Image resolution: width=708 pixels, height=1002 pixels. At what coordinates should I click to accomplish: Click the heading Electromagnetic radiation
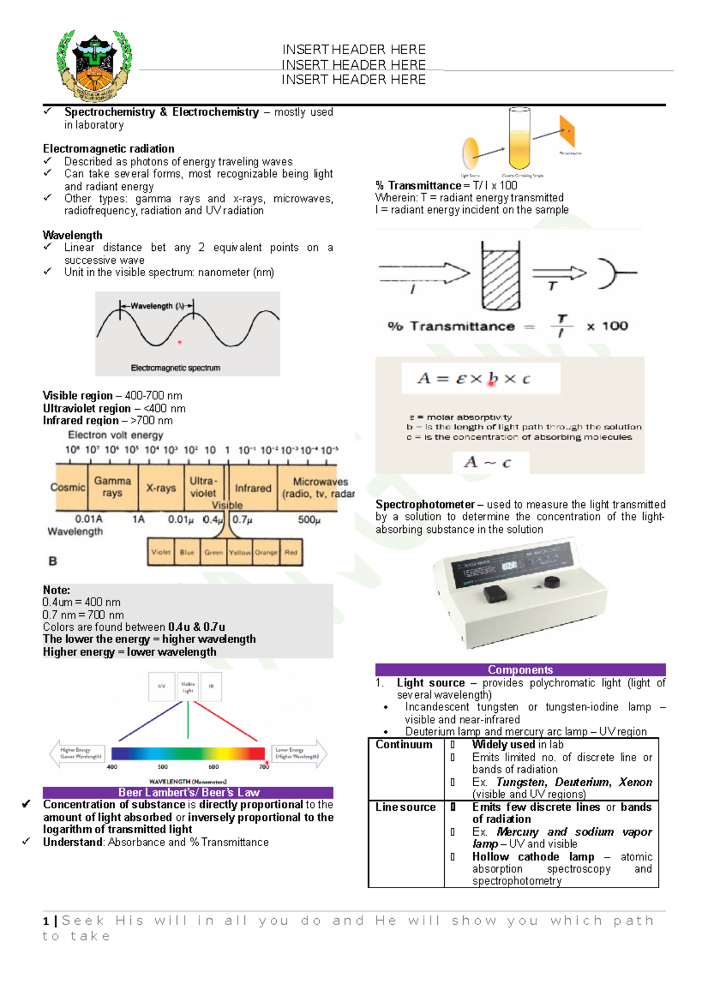(109, 149)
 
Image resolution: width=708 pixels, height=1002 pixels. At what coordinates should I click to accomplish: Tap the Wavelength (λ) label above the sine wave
(157, 306)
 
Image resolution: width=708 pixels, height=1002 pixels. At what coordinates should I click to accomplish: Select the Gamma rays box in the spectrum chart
(112, 487)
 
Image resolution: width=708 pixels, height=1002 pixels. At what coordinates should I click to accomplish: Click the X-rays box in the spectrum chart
(161, 488)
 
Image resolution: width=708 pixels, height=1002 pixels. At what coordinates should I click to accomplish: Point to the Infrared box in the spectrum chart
(253, 488)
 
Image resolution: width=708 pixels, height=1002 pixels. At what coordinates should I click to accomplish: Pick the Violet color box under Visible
(160, 552)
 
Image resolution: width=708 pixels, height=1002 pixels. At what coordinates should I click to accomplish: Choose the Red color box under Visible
(291, 552)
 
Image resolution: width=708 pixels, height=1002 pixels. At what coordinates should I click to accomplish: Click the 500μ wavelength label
(309, 520)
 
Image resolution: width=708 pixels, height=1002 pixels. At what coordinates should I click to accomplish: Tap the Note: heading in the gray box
(57, 590)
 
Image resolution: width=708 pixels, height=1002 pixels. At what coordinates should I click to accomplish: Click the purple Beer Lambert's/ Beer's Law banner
(188, 793)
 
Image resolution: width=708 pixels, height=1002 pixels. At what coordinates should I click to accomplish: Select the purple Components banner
(520, 670)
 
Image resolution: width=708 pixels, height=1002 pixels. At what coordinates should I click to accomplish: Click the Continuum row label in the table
(404, 745)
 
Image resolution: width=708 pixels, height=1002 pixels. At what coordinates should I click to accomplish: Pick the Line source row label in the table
(405, 807)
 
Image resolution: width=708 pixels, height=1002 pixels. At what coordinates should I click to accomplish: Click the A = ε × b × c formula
(474, 379)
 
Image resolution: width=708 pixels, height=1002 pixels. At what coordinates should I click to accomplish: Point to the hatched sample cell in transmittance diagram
(501, 276)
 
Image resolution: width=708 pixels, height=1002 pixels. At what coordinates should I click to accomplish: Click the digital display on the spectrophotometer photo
(509, 566)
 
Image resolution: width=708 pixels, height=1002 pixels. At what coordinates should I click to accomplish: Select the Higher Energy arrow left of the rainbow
(79, 753)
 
